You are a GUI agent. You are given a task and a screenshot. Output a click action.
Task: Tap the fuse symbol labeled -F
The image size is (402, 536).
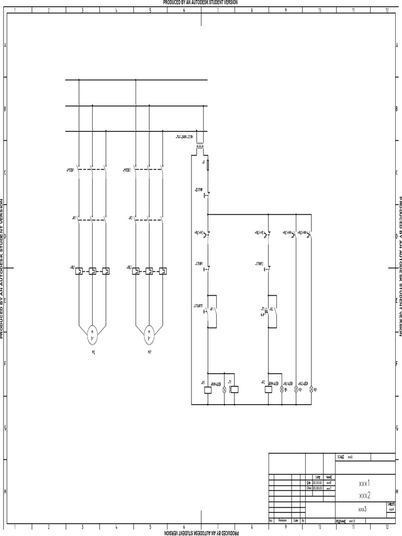pos(208,165)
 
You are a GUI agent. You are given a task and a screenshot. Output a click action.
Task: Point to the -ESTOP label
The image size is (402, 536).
pos(198,189)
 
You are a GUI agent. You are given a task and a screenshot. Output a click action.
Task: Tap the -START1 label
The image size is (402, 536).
pos(198,305)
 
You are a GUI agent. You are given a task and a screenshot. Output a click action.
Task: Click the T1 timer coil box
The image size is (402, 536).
pos(235,389)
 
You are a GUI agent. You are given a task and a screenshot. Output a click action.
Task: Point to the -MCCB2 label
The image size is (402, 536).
pos(127,170)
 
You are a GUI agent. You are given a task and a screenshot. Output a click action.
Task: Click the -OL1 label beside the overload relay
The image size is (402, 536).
pos(72,267)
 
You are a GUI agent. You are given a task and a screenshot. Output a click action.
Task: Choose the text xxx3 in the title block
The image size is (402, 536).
pos(362,508)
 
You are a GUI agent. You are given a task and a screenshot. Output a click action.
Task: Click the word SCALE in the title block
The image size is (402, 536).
pos(341,457)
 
